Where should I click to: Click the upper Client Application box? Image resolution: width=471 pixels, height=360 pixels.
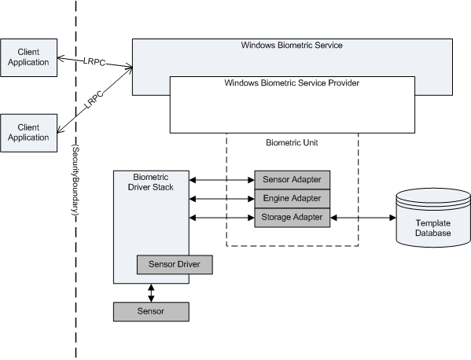click(28, 57)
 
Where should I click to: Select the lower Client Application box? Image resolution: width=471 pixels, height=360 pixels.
click(28, 133)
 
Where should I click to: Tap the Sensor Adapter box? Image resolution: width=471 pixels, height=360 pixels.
click(293, 180)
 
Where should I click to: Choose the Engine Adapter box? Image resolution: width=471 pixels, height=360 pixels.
click(293, 198)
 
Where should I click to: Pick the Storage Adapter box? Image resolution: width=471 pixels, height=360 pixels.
click(293, 218)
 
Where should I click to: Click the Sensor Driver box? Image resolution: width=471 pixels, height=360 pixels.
click(175, 265)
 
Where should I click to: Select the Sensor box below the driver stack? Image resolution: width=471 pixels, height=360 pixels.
click(151, 312)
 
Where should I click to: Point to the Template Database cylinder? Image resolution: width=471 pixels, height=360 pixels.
click(433, 218)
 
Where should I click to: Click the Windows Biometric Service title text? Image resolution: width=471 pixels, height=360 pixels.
click(292, 45)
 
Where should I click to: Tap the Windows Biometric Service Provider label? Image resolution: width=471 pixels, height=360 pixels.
click(292, 83)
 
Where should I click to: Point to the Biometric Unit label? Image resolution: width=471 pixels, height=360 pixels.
click(292, 142)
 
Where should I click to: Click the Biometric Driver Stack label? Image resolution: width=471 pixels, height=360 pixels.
click(151, 182)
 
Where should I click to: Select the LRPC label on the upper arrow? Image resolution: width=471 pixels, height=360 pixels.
click(94, 61)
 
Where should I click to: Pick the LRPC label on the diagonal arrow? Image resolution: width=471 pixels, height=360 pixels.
click(94, 99)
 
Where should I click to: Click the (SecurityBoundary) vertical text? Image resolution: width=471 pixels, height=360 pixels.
click(75, 180)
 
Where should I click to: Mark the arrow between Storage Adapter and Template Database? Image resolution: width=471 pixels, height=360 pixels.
click(363, 218)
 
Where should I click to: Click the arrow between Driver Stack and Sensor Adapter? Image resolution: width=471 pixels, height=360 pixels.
click(222, 180)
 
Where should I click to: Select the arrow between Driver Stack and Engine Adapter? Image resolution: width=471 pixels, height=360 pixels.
click(222, 199)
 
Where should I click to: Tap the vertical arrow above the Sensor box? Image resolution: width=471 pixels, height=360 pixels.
click(151, 293)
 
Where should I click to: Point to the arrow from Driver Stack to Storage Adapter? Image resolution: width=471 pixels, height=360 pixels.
click(222, 218)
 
